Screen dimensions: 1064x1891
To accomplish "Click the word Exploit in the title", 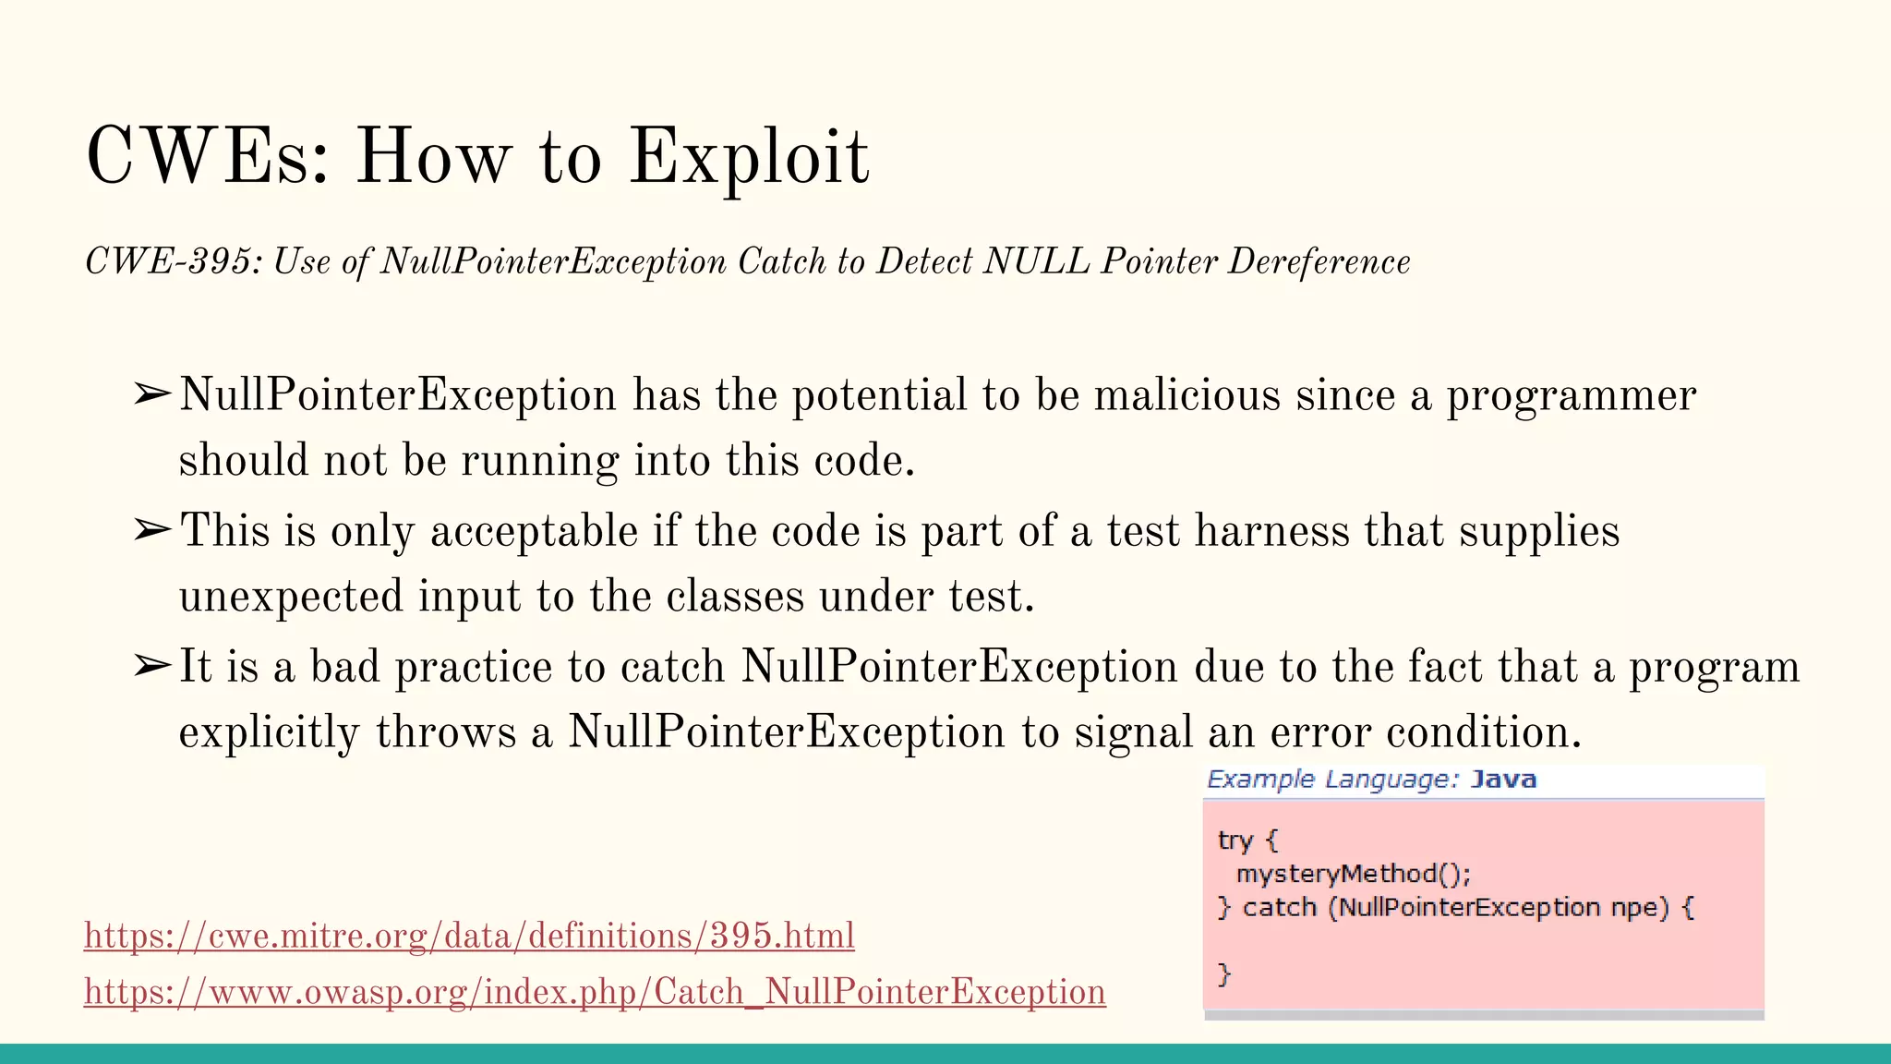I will click(749, 157).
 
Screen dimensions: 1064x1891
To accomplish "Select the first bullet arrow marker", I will click(151, 394).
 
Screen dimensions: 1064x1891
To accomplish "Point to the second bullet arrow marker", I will click(151, 530).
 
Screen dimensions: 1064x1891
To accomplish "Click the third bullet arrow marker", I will click(151, 666).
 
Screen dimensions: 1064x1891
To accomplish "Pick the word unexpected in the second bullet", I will click(290, 597).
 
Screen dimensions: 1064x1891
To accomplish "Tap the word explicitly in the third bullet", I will click(269, 732).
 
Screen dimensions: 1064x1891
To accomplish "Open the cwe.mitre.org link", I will click(469, 936).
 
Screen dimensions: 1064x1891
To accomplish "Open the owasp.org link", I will click(595, 991).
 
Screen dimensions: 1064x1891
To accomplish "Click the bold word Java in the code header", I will click(1503, 780).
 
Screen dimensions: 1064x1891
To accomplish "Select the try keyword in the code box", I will click(1235, 840).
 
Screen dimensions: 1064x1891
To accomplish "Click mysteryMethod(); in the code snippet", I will click(1353, 874).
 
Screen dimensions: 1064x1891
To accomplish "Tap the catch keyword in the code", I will click(1279, 907).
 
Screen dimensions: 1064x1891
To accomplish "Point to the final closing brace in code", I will click(1224, 973).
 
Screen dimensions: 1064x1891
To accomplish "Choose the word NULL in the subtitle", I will click(1036, 261).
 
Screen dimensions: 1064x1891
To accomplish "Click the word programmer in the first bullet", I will click(1571, 395).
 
